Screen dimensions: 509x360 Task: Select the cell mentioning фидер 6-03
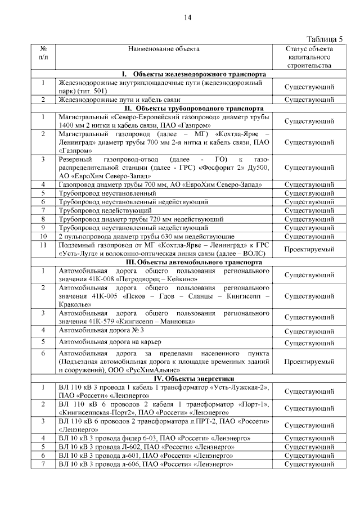pos(163,438)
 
